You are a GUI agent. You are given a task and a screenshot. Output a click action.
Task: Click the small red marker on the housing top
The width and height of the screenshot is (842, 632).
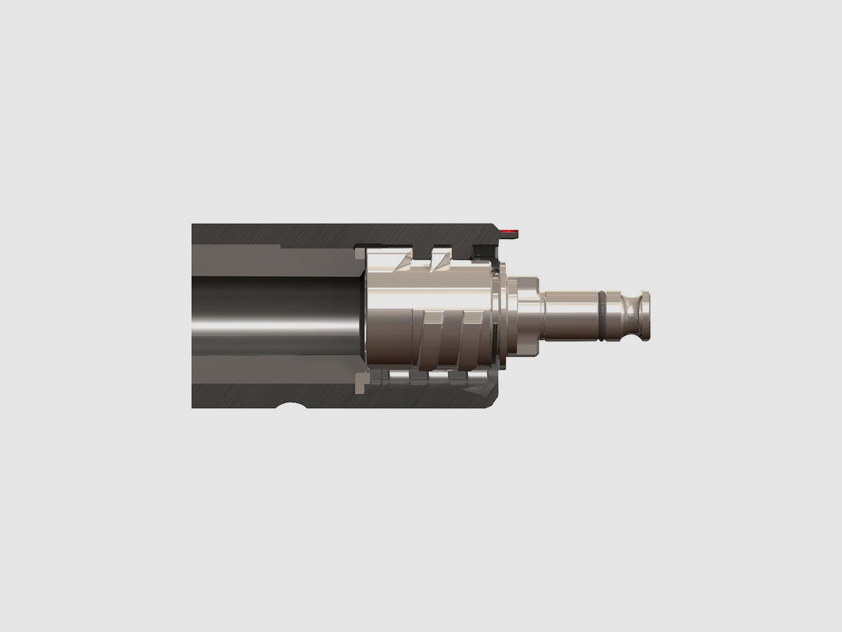coord(510,231)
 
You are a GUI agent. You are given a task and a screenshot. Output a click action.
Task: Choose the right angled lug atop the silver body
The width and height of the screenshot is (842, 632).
coord(440,260)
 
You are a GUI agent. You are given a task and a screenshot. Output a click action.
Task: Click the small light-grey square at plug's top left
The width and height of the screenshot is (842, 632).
coord(359,254)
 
